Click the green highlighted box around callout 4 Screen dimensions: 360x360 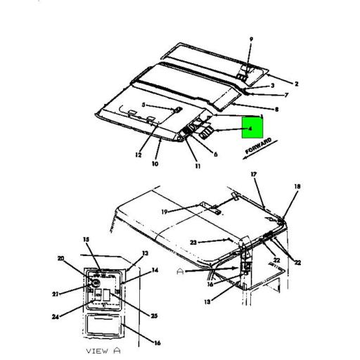click(252, 127)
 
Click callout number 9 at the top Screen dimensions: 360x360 click(251, 39)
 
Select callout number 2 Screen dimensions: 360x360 click(296, 84)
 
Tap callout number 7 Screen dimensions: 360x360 click(286, 95)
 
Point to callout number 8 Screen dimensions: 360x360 click(276, 109)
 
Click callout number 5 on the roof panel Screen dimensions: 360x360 click(143, 105)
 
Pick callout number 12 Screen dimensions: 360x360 click(139, 155)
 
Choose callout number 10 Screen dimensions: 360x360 click(155, 164)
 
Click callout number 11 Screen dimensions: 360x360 click(198, 166)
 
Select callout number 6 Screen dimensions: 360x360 click(215, 154)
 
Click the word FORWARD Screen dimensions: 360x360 click(258, 146)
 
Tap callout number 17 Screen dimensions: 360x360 click(254, 174)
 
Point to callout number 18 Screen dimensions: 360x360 click(297, 186)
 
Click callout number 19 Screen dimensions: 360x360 click(165, 212)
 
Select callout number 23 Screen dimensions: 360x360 click(193, 243)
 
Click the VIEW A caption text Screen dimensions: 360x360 click(103, 351)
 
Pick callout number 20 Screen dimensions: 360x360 click(61, 258)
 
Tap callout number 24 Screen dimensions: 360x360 click(56, 317)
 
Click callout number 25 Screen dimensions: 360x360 click(154, 316)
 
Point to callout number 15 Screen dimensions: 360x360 click(86, 239)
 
